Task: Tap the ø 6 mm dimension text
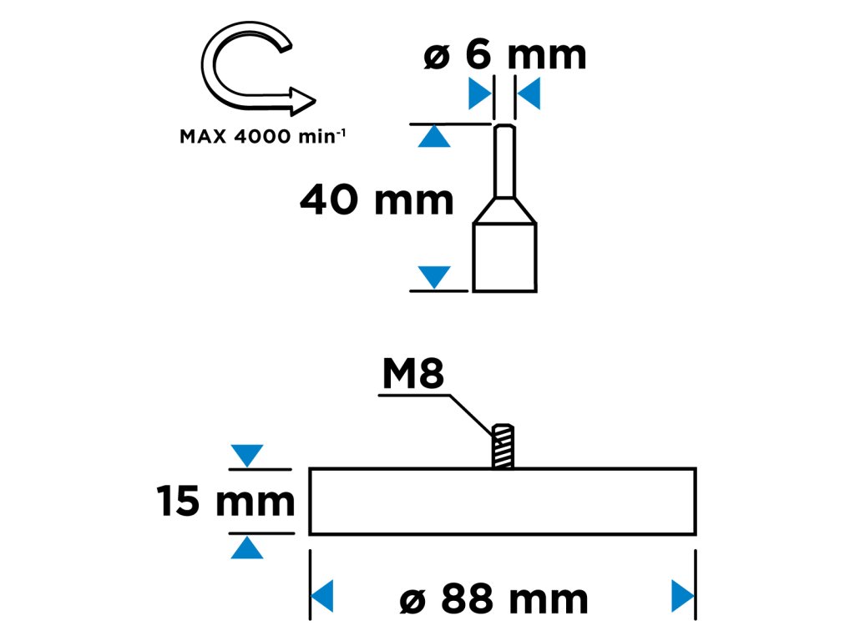click(505, 55)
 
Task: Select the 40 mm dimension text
click(377, 200)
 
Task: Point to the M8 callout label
click(412, 376)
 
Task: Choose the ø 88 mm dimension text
click(494, 598)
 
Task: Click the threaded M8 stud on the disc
click(503, 447)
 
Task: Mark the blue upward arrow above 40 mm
click(433, 136)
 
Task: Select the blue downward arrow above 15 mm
click(247, 456)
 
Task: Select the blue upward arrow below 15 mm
click(247, 548)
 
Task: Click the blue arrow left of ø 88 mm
click(322, 597)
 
